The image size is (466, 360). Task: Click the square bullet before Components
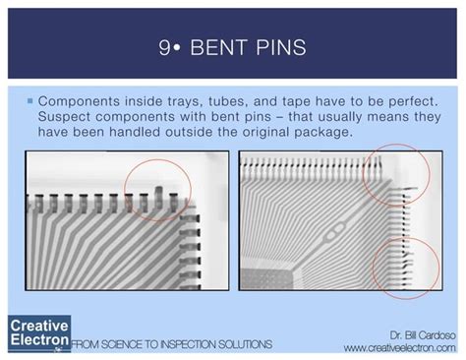coord(30,101)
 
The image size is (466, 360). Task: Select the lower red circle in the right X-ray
coord(407,266)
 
